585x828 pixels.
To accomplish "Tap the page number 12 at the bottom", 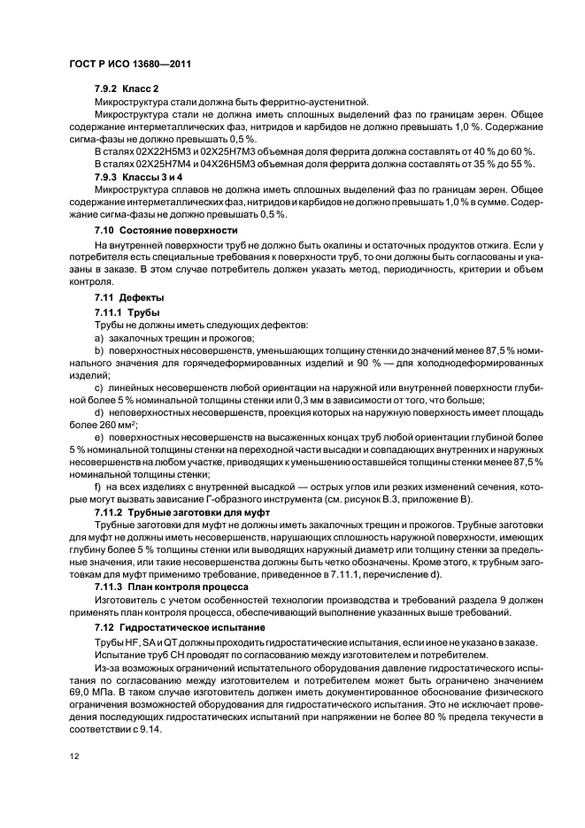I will coord(75,755).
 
